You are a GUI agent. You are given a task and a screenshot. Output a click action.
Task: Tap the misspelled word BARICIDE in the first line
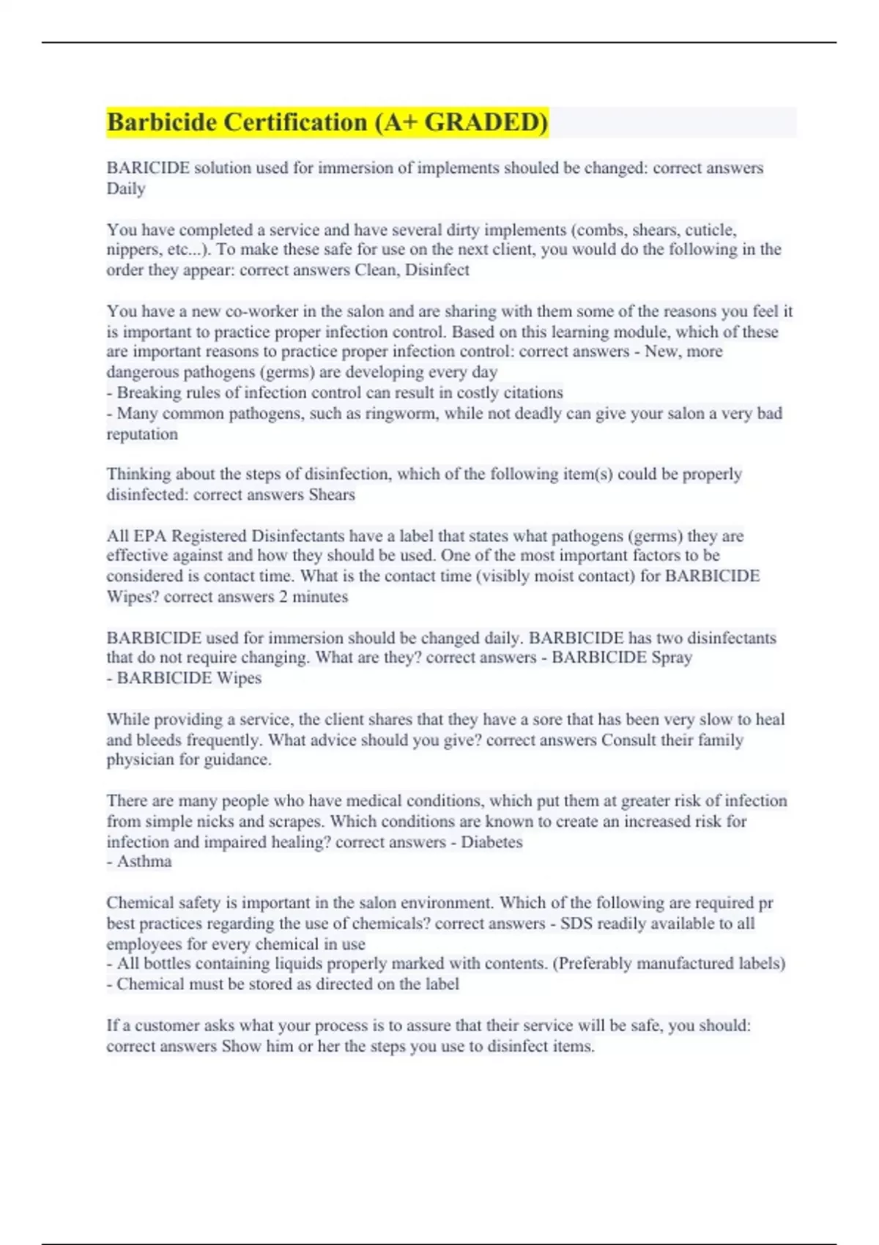click(x=148, y=168)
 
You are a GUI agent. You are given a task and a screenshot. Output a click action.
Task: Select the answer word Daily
click(x=126, y=189)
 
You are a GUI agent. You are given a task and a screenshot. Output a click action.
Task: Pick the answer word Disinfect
click(x=437, y=270)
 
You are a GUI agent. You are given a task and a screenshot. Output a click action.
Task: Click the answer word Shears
click(x=332, y=495)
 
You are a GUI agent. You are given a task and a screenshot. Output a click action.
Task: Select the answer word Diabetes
click(x=492, y=842)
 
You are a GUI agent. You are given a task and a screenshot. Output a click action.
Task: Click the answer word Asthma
click(x=144, y=862)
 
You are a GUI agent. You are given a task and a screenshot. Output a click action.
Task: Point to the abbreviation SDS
click(x=576, y=923)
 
